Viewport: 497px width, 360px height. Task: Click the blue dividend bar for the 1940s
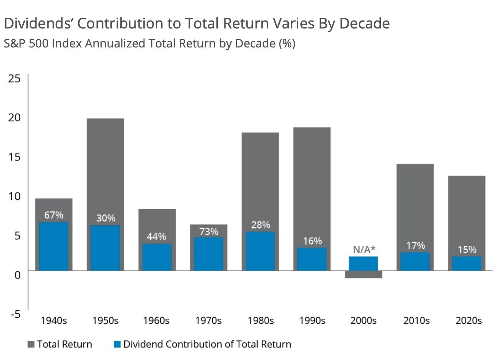[x=54, y=246]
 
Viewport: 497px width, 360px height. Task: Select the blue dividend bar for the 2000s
[x=363, y=264]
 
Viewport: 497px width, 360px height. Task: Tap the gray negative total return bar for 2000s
[x=363, y=275]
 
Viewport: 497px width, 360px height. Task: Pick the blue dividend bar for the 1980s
[x=260, y=251]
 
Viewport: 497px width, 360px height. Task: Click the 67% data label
[x=54, y=215]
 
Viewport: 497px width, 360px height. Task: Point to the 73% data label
[x=209, y=231]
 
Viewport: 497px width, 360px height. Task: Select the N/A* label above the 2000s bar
[x=364, y=250]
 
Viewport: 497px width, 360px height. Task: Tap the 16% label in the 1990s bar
[x=312, y=241]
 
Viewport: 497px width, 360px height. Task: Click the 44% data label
[x=156, y=237]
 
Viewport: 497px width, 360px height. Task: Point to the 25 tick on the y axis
[x=14, y=78]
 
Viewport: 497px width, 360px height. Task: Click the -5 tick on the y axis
[x=15, y=314]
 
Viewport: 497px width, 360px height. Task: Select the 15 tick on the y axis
[x=14, y=157]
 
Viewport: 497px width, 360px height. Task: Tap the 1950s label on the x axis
[x=105, y=321]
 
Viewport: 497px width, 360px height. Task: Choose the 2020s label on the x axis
[x=468, y=321]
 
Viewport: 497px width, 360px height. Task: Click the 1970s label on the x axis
[x=208, y=321]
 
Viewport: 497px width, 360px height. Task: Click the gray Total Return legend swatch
[x=31, y=344]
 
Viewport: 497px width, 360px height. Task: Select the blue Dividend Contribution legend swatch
[x=117, y=344]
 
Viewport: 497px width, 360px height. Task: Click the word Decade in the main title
[x=365, y=23]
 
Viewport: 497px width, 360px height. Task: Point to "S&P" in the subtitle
[x=15, y=43]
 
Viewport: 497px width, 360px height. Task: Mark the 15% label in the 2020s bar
[x=467, y=250]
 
